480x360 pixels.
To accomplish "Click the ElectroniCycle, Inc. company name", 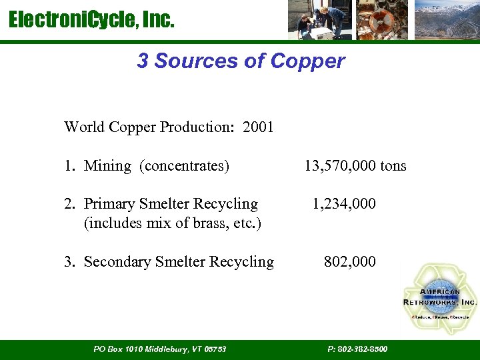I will tap(91, 21).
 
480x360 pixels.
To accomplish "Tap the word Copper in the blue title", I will tap(308, 61).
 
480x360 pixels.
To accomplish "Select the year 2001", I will tap(259, 127).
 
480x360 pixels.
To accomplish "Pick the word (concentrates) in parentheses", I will tap(185, 166).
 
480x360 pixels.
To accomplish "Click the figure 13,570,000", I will tap(339, 166).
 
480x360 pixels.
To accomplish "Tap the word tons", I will tap(393, 166).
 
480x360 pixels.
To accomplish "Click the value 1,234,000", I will tap(344, 204).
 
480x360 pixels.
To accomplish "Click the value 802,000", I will tap(349, 262).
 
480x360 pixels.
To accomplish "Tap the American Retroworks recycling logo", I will tap(440, 298).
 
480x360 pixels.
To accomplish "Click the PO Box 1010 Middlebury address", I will tap(160, 349).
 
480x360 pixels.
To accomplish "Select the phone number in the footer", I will tap(358, 349).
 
